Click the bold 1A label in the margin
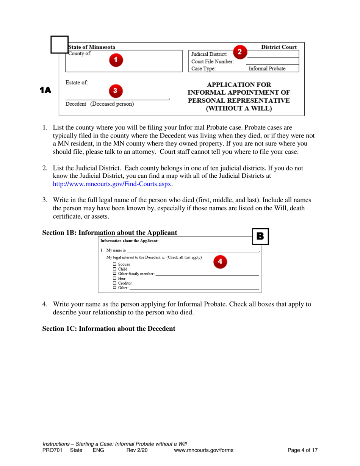pyautogui.click(x=45, y=90)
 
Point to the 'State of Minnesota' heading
pyautogui.click(x=91, y=47)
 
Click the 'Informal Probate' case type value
pyautogui.click(x=267, y=69)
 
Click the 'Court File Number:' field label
pyautogui.click(x=212, y=61)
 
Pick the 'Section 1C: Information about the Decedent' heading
pyautogui.click(x=109, y=328)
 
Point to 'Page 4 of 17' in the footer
pyautogui.click(x=302, y=450)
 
